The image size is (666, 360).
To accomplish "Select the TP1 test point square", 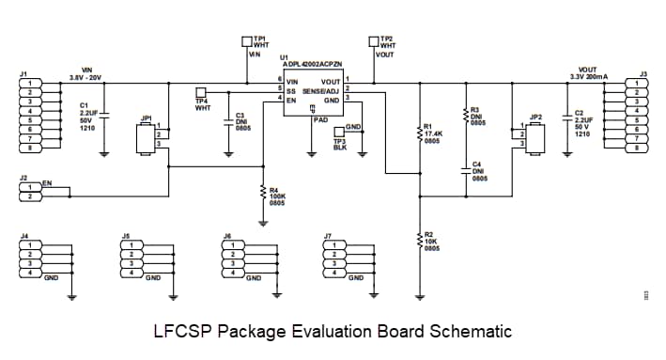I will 247,42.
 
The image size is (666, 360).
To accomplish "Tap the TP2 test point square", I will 374,42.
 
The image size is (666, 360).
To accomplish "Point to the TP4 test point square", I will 199,91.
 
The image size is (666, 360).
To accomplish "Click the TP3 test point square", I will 339,132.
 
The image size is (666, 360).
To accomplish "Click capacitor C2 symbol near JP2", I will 566,118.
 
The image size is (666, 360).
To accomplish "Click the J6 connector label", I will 226,235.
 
